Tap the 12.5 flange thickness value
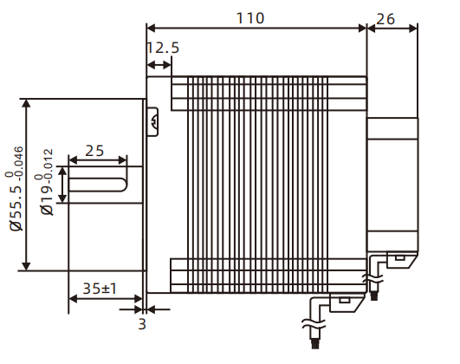pos(162,49)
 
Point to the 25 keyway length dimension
pos(95,150)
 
